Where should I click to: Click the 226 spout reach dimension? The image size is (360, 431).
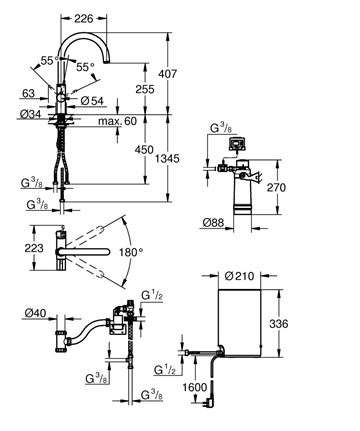[x=83, y=19]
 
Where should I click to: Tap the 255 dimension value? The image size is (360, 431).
[x=145, y=89]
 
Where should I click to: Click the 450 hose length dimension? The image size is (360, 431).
[x=144, y=149]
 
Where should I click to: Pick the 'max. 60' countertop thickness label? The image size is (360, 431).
[x=117, y=121]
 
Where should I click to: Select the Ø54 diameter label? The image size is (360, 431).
[x=92, y=101]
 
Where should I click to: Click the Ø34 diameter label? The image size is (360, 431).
[x=30, y=114]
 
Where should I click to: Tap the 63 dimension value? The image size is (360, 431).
[x=28, y=93]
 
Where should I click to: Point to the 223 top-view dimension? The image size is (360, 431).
[x=34, y=248]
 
